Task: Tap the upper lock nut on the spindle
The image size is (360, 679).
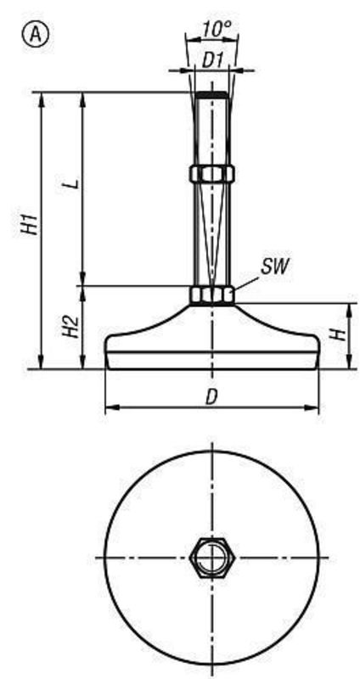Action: tap(211, 173)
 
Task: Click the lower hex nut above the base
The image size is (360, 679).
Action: tap(211, 295)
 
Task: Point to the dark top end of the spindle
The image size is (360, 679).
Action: tap(211, 93)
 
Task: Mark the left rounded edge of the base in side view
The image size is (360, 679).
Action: tap(107, 348)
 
